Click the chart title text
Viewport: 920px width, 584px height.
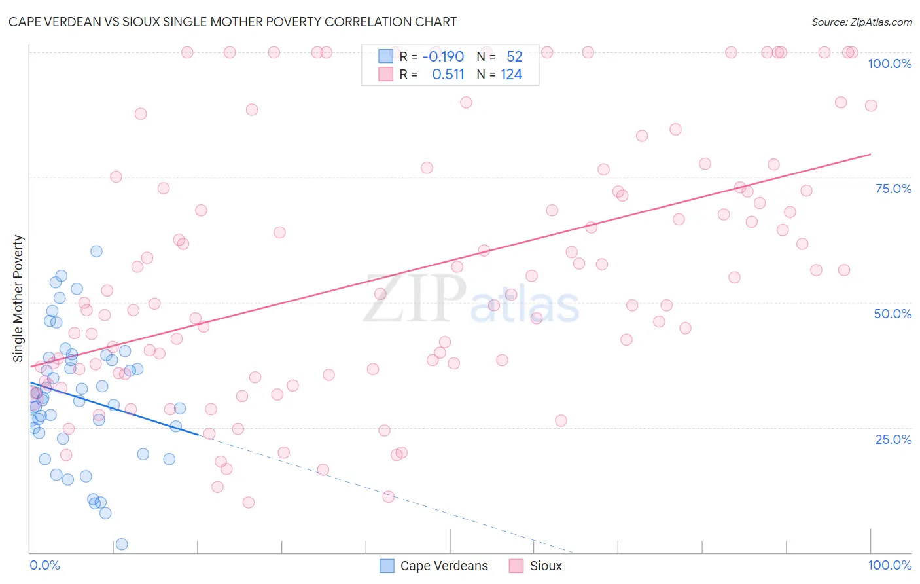point(232,22)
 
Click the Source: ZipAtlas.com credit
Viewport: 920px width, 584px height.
point(861,22)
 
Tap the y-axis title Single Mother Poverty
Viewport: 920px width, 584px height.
point(18,299)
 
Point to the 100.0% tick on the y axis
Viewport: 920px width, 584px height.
point(889,64)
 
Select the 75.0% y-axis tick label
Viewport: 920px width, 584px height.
point(893,189)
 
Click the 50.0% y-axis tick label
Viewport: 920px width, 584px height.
point(893,314)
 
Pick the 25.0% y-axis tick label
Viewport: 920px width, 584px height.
point(893,439)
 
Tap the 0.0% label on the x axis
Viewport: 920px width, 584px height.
point(44,565)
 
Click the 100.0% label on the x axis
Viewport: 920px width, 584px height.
point(889,565)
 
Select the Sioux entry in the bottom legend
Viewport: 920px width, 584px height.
point(546,566)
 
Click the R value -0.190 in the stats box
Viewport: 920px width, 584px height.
point(443,56)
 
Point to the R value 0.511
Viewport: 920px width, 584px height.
point(448,75)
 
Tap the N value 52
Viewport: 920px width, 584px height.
point(514,56)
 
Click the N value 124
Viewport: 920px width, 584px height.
point(511,75)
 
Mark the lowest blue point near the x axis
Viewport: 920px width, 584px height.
point(122,544)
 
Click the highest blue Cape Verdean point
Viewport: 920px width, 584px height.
point(96,251)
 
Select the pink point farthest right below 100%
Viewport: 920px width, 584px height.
point(870,105)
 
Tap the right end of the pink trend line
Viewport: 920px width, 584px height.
point(870,155)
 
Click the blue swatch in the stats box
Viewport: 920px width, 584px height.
point(386,56)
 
